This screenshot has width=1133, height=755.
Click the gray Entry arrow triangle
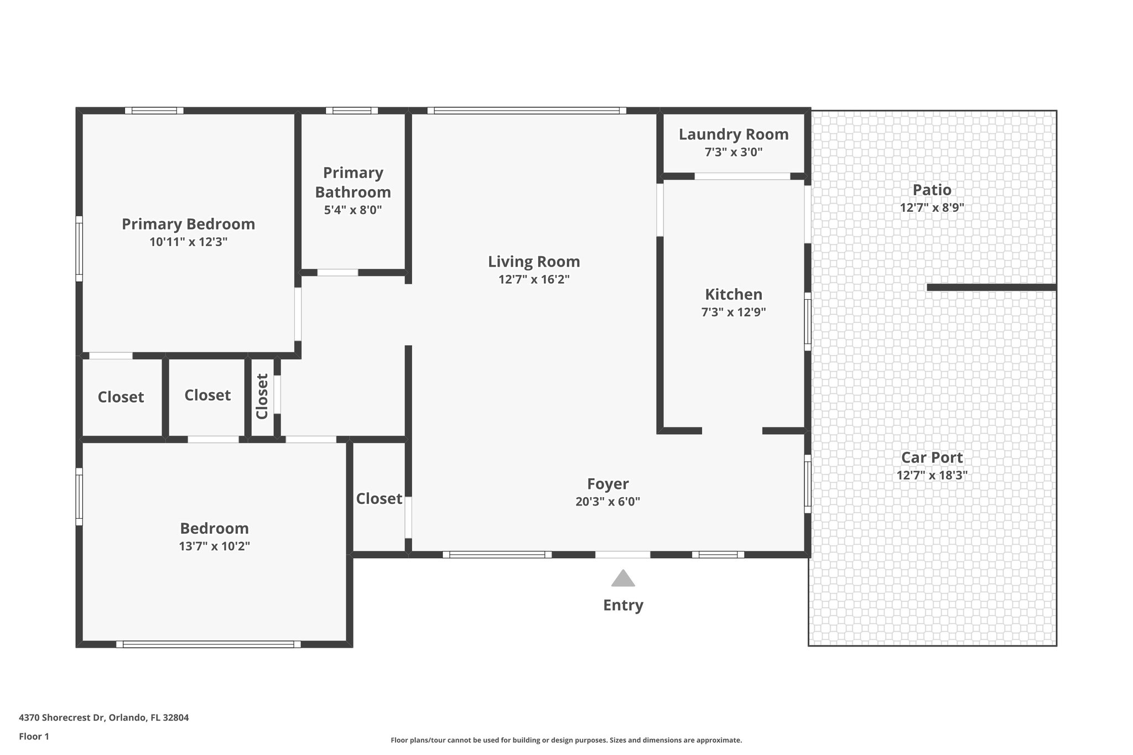tap(623, 579)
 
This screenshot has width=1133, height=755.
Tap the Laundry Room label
tap(734, 134)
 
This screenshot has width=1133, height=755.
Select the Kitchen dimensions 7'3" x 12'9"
tap(734, 312)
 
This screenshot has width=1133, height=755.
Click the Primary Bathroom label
tap(353, 183)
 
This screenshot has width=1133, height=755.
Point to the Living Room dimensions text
tap(534, 279)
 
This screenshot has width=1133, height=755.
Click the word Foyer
tap(607, 484)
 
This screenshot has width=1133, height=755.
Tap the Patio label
tap(932, 190)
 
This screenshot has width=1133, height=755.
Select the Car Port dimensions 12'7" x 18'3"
tap(932, 475)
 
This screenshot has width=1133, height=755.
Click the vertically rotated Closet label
tap(262, 396)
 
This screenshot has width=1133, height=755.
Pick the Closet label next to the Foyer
tap(379, 499)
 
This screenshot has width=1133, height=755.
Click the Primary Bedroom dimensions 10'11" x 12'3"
tap(188, 242)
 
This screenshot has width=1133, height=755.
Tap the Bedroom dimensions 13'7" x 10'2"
tap(214, 546)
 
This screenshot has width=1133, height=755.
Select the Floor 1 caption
tap(34, 736)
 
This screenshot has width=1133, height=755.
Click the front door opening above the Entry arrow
tap(623, 554)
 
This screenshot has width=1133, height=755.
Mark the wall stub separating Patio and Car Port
tap(991, 287)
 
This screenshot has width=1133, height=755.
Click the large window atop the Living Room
tap(527, 111)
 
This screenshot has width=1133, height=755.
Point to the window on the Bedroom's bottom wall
tap(209, 644)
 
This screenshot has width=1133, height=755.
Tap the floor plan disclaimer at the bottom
tap(566, 740)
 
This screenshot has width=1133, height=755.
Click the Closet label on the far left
tap(121, 397)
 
